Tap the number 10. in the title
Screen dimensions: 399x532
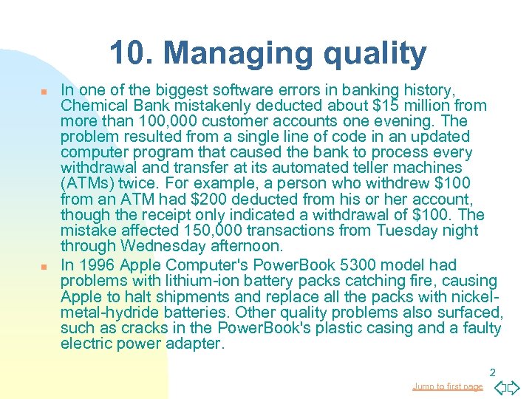click(132, 53)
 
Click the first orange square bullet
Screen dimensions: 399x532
click(44, 91)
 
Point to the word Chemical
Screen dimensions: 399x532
click(92, 106)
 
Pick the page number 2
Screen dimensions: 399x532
click(491, 372)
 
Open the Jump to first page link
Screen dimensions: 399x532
click(447, 386)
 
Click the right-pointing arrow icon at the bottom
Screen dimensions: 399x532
click(514, 386)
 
